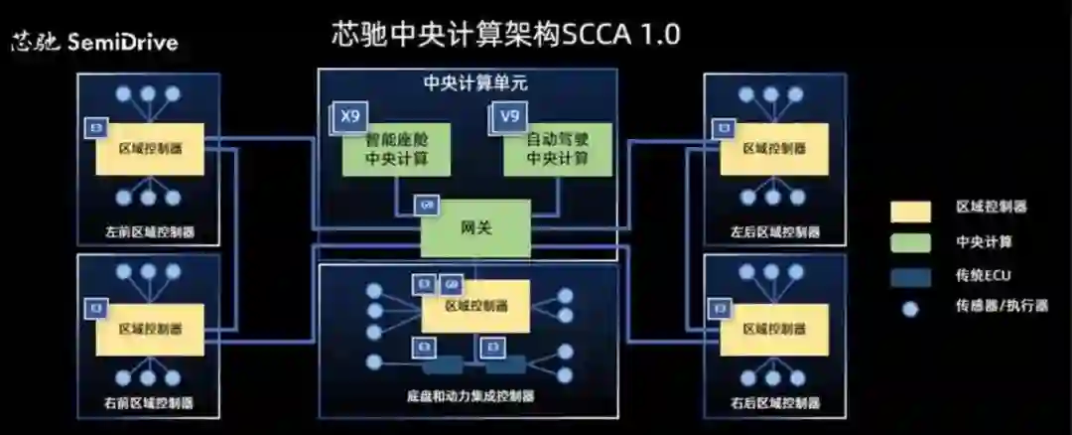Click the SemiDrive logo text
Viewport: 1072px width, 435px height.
(x=94, y=44)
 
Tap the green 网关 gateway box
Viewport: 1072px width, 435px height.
(x=475, y=227)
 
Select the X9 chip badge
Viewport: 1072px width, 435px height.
(x=349, y=117)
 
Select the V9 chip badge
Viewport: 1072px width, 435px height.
(x=509, y=117)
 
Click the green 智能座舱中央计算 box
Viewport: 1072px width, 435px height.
(x=396, y=151)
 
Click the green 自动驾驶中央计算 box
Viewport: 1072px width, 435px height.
(x=556, y=151)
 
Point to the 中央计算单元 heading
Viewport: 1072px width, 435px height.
(x=468, y=82)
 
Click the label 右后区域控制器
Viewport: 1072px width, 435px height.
(x=775, y=403)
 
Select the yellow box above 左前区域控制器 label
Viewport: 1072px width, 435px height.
(x=150, y=149)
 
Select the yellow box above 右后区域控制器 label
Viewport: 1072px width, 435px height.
(x=775, y=329)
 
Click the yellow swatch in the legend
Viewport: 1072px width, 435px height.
(x=911, y=211)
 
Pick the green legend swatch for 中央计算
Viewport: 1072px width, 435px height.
(x=911, y=242)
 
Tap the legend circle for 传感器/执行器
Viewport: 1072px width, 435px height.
(x=911, y=309)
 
